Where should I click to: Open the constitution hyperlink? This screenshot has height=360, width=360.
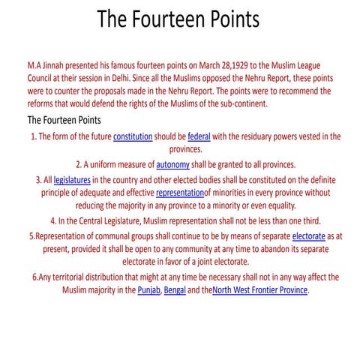tap(133, 136)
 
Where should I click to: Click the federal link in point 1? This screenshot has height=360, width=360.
tap(199, 136)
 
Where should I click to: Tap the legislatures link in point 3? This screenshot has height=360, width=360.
tap(71, 181)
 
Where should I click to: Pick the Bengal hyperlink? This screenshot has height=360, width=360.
tap(175, 289)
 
